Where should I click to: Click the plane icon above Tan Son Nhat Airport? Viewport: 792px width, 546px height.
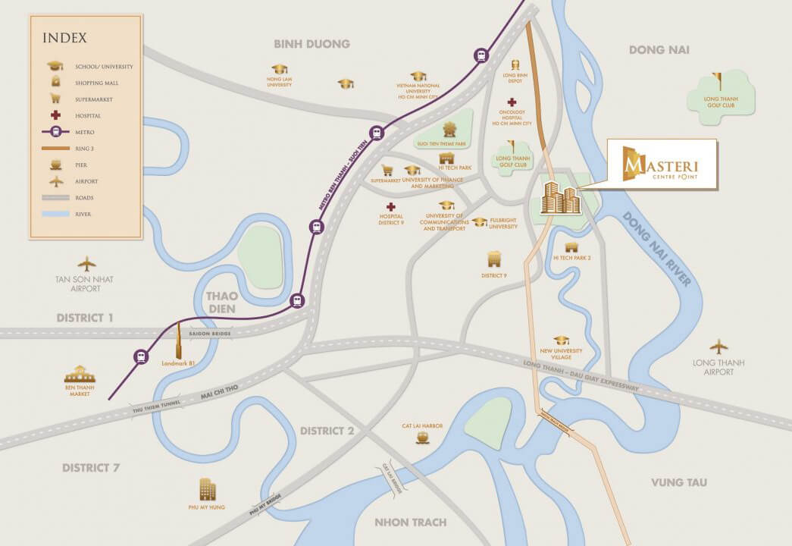click(x=87, y=264)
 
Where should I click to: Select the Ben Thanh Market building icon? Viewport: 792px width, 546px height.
click(x=80, y=374)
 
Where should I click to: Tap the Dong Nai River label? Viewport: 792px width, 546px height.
click(x=656, y=248)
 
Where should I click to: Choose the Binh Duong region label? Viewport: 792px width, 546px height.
click(x=312, y=44)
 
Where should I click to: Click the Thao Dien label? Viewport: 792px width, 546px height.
click(x=221, y=302)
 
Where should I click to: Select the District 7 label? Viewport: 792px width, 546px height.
click(x=91, y=467)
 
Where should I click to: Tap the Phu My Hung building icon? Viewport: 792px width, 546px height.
click(x=207, y=489)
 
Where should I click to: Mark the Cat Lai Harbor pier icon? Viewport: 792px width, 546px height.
click(x=422, y=439)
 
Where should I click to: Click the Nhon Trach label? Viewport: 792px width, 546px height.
click(x=410, y=522)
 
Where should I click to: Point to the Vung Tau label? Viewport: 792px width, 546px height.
click(x=678, y=482)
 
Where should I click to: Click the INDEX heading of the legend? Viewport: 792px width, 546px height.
click(x=64, y=37)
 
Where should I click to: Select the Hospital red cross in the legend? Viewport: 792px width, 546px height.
click(x=55, y=115)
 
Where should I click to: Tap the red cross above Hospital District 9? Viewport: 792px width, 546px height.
click(x=390, y=207)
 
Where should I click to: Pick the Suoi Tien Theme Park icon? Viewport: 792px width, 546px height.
click(x=449, y=129)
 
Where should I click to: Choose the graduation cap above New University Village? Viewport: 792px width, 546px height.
click(x=561, y=340)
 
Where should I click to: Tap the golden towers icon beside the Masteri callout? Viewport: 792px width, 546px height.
click(x=559, y=198)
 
